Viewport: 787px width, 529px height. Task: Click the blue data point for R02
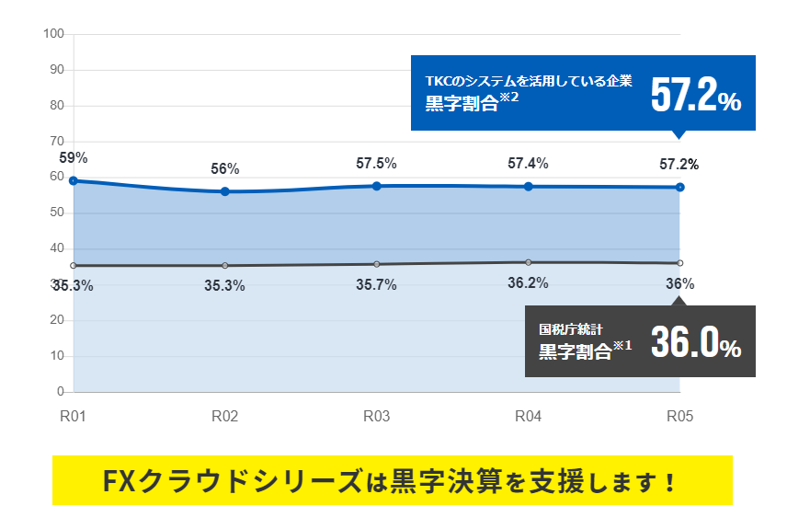point(225,191)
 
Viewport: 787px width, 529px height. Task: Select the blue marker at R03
point(377,186)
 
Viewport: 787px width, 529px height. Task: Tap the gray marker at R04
point(528,262)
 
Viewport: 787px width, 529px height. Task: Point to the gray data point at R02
point(225,266)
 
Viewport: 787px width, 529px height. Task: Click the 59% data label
point(74,157)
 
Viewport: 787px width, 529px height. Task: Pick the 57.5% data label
point(376,164)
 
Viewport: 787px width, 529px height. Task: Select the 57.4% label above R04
point(528,164)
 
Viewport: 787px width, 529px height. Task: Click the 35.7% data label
point(376,285)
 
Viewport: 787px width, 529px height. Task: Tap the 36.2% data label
point(528,282)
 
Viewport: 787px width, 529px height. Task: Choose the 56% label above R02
point(225,169)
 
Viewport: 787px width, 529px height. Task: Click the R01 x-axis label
point(74,417)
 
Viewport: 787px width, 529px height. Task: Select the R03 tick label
point(376,417)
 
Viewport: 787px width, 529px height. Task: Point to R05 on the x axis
point(679,417)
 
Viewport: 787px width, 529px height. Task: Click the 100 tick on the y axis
point(53,34)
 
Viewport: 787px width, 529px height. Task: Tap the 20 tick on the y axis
point(56,320)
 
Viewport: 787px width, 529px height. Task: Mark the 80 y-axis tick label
point(56,106)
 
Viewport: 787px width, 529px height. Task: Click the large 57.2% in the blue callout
point(695,95)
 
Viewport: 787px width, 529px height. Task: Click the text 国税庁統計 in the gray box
point(571,328)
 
